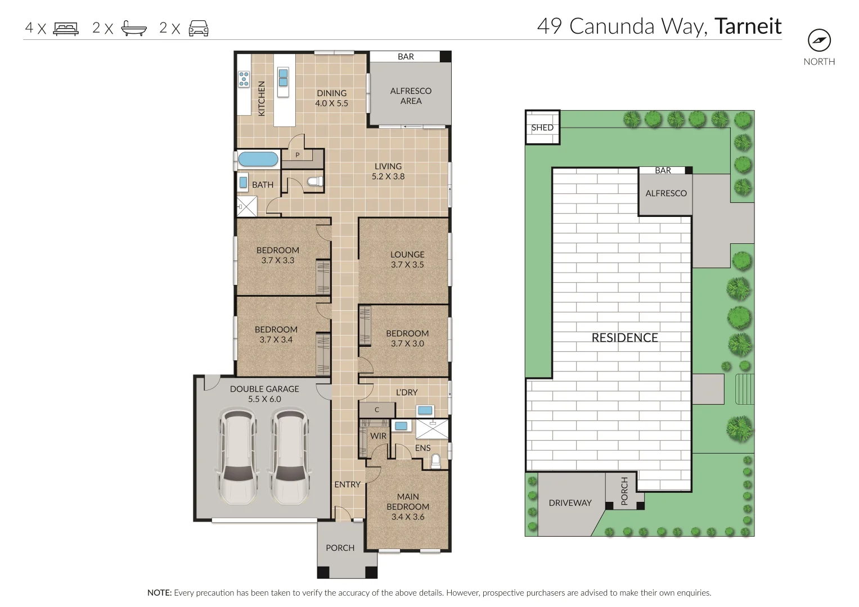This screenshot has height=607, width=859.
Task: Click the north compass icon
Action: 819,40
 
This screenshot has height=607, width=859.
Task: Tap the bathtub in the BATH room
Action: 258,159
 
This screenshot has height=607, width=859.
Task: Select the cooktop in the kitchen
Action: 244,79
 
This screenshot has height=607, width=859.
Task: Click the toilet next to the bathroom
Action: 316,181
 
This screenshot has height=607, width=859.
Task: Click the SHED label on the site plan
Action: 542,128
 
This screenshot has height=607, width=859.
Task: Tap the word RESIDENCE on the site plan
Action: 624,338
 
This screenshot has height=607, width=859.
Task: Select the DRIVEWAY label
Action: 570,503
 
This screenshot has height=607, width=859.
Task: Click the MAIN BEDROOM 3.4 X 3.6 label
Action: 408,506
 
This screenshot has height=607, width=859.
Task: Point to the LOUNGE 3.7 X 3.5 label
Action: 407,260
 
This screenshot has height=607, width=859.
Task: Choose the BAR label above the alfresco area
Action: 406,57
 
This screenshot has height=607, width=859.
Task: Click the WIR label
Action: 378,436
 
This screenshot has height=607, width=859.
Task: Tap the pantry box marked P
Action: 297,155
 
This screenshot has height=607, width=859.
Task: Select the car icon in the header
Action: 199,28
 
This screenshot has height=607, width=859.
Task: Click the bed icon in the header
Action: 66,29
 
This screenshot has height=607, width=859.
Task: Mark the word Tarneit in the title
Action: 748,26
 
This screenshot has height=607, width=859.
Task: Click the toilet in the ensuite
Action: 435,461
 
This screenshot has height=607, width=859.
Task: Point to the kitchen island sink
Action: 283,78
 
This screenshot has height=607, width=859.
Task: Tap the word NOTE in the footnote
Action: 159,593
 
